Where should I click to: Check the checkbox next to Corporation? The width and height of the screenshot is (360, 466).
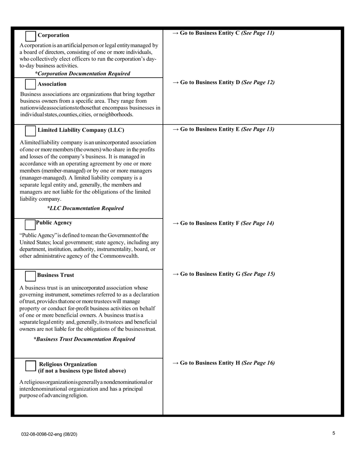coord(30,36)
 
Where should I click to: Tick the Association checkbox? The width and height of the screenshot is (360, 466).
coord(30,84)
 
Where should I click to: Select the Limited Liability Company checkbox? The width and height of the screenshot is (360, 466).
coord(30,131)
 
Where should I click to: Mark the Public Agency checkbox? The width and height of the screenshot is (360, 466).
coord(30,224)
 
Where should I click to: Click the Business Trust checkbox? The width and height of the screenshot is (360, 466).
coord(30,276)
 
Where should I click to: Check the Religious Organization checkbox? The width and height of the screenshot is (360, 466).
coord(30,366)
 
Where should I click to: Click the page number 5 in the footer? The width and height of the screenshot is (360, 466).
coord(333,433)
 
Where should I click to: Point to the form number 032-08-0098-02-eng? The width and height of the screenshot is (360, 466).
coord(49,434)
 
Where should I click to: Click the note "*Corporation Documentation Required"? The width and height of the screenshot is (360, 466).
coord(82,73)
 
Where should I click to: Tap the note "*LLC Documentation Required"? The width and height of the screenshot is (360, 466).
coord(85,208)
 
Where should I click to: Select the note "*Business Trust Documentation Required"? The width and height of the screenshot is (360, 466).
coord(84,339)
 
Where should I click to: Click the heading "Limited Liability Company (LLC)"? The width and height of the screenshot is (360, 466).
coord(81,130)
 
